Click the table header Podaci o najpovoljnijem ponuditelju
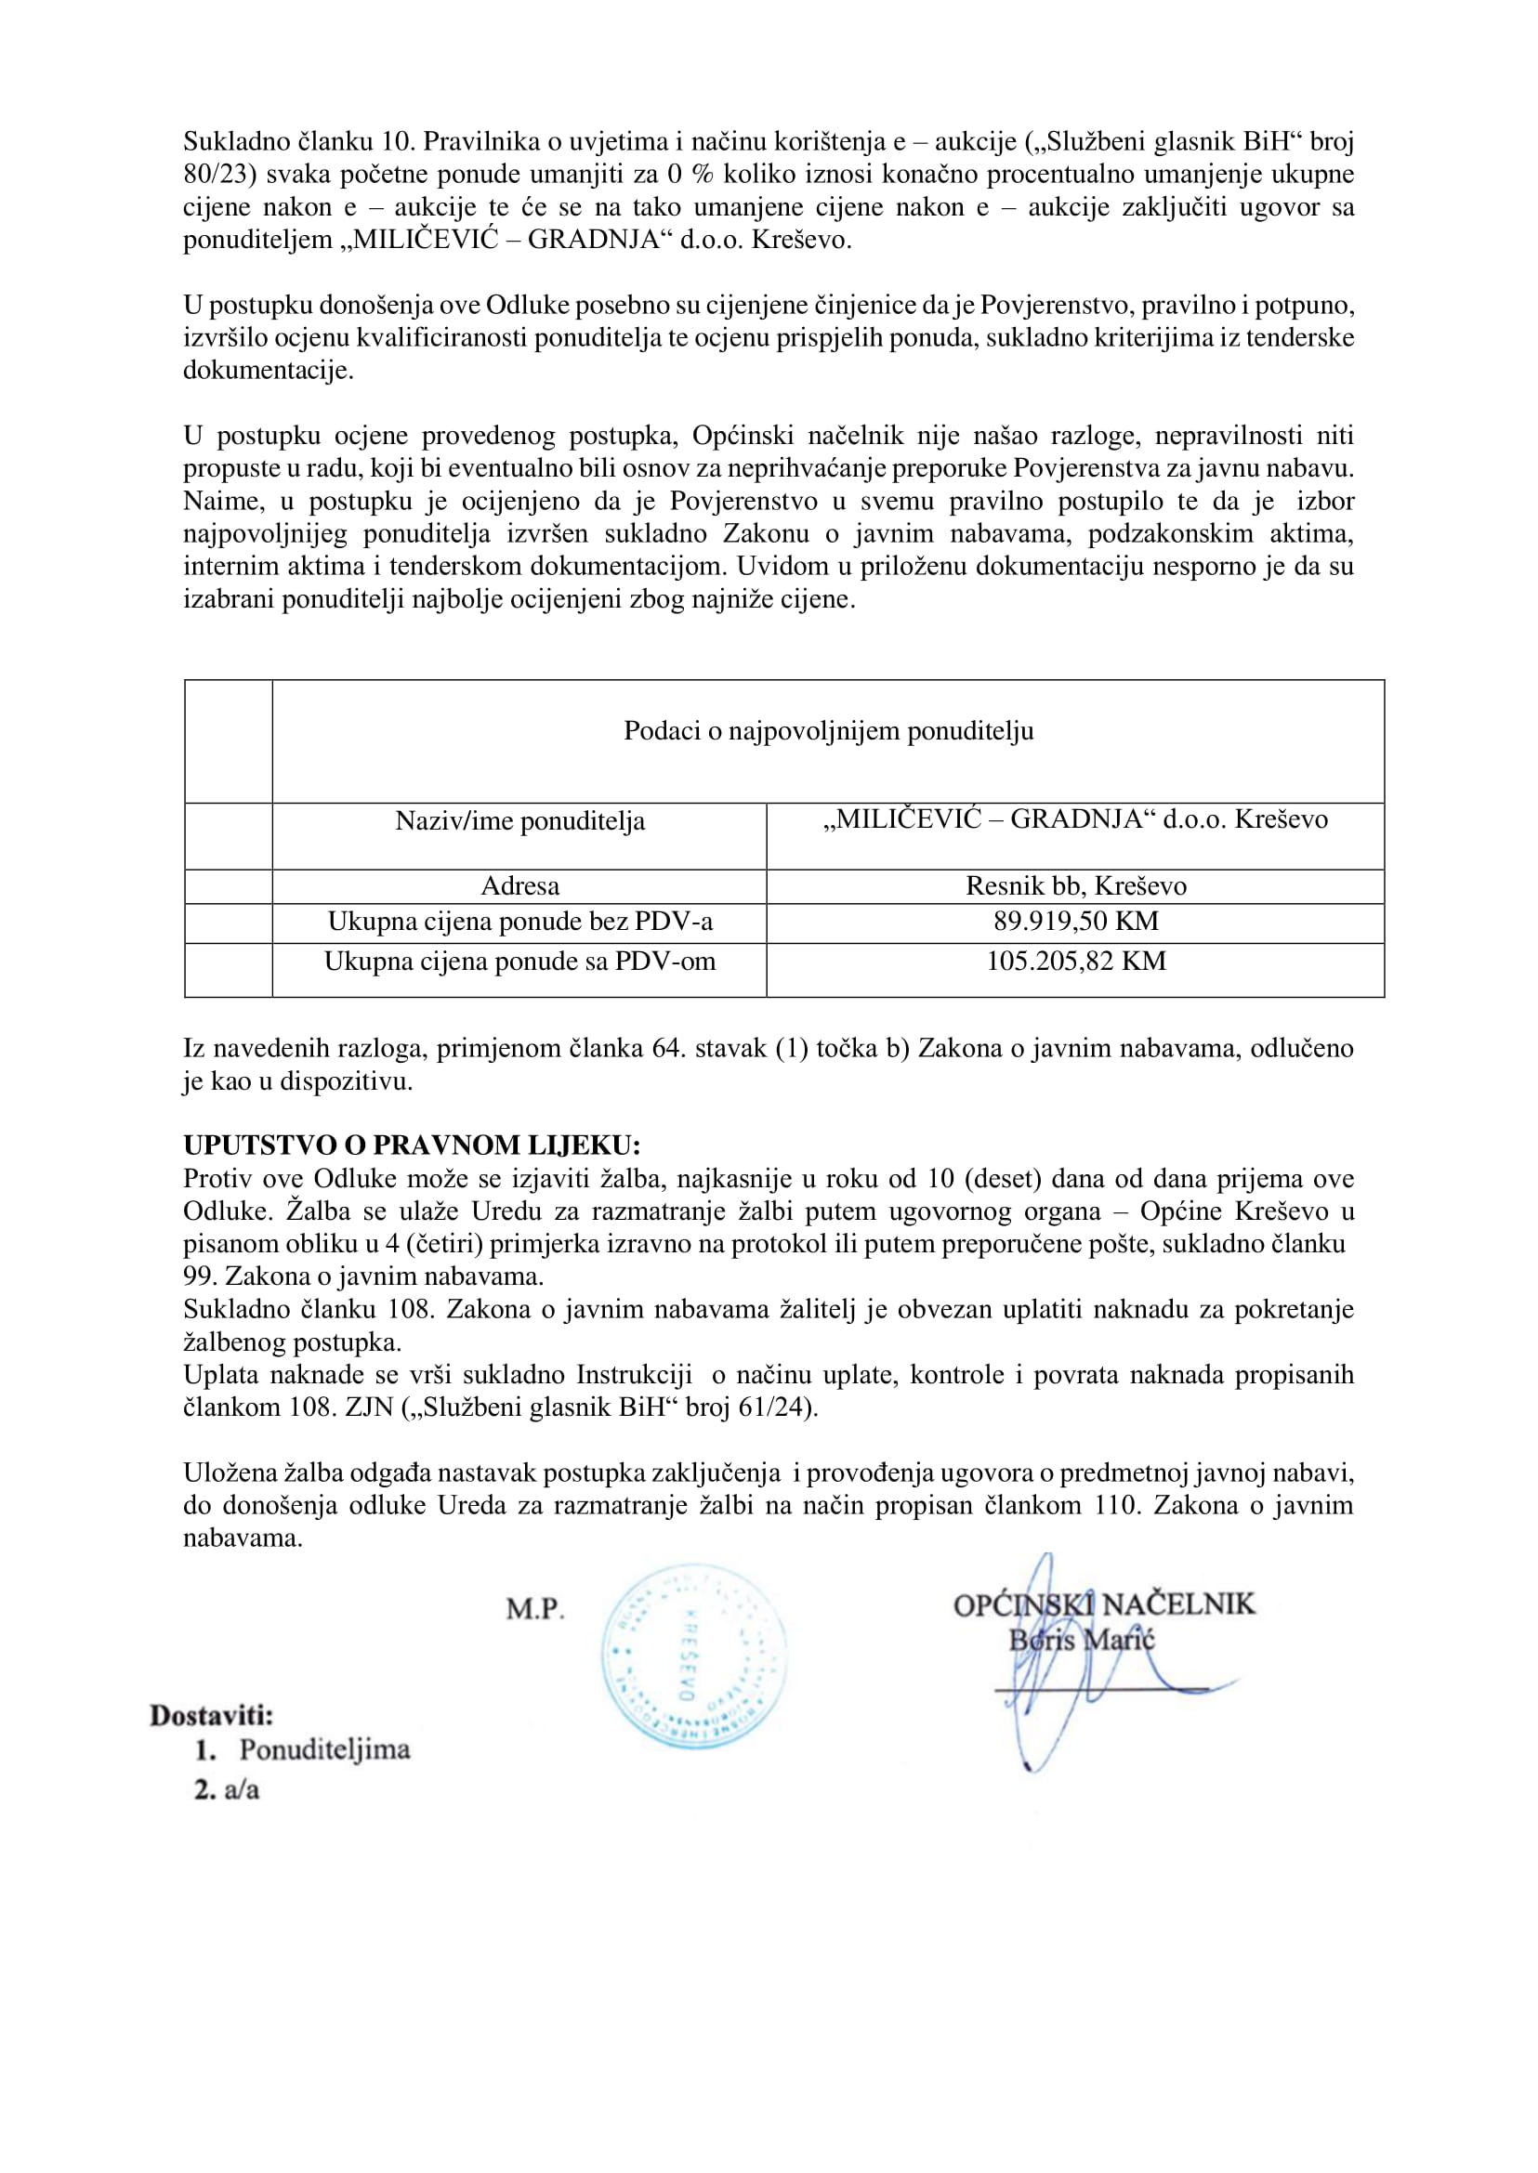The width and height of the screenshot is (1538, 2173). [828, 731]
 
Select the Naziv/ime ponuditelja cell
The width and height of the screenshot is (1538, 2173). [519, 821]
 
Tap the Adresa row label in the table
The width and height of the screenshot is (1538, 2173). [519, 886]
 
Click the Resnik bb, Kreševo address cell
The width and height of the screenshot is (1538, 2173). [1076, 886]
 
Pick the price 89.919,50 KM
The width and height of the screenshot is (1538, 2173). [1076, 922]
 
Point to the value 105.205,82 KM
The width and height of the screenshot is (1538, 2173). [1076, 961]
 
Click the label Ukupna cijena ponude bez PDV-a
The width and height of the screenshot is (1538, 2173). [519, 922]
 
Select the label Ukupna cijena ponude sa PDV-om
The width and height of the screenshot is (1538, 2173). [519, 962]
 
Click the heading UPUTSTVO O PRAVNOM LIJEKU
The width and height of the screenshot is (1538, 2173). [412, 1145]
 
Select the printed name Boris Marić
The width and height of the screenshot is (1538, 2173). [1082, 1640]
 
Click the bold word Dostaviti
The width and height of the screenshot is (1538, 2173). [211, 1715]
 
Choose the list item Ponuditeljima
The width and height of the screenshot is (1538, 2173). [324, 1749]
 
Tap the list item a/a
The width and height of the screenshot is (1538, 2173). [242, 1789]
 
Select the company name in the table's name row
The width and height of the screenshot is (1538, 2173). [1076, 819]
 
